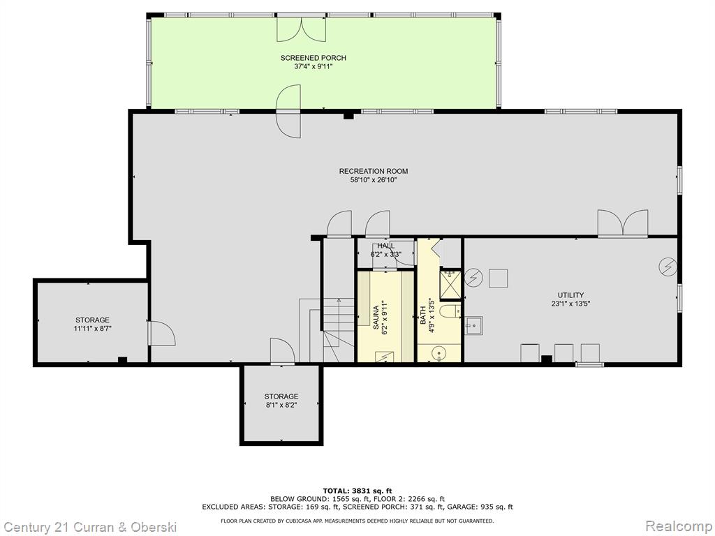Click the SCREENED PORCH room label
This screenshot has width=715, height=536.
coord(313,58)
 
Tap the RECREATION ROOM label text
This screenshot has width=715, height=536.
coord(374,172)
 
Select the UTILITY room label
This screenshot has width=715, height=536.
coord(571,295)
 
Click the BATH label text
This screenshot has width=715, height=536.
coord(422,315)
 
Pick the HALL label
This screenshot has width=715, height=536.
coord(385,246)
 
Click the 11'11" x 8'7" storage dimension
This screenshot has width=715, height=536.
coord(93,328)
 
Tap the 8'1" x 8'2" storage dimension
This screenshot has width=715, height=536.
coord(281,405)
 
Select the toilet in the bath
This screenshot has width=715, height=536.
coord(450,311)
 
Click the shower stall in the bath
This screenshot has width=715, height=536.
coord(450,285)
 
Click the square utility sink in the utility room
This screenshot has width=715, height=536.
coord(473,325)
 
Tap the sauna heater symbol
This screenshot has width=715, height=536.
coord(385,357)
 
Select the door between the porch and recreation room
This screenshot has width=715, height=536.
coord(288,111)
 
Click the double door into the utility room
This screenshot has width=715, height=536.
coord(623,223)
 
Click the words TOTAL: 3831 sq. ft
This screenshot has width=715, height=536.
coord(357,491)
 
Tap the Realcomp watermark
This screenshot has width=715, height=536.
coord(678,526)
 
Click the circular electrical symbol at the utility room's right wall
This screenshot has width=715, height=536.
coord(668,267)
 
